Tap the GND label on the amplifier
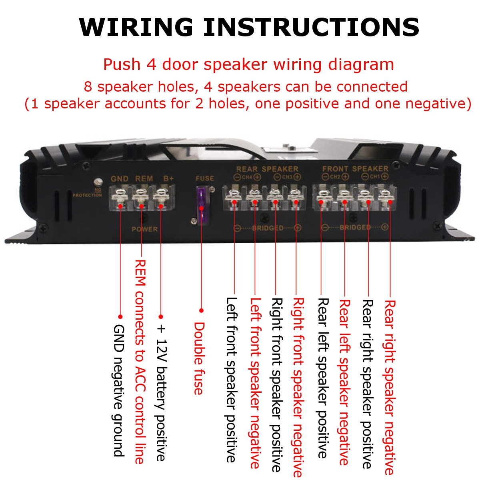coord(119,178)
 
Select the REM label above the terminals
coord(144,178)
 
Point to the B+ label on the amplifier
coord(168,178)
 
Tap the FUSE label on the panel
coord(204,178)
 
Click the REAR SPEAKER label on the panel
coord(267,169)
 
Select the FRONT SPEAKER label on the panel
coord(355,169)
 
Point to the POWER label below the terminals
coord(144,229)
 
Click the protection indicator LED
coord(96,181)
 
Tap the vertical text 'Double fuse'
coord(199,358)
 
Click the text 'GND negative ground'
coord(118,390)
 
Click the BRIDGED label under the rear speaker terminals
coord(267,228)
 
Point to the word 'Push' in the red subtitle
coord(122,64)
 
